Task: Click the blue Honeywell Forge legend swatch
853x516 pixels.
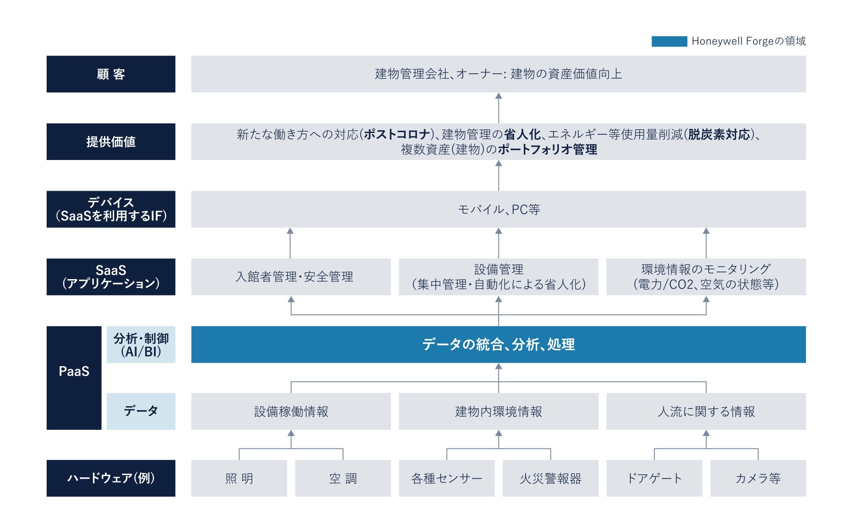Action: pyautogui.click(x=669, y=41)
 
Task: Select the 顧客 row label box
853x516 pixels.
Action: pyautogui.click(x=111, y=74)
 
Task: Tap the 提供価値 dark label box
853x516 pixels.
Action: pyautogui.click(x=111, y=141)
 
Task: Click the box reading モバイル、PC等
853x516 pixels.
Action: pyautogui.click(x=498, y=209)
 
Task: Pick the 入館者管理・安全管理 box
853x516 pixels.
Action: pyautogui.click(x=291, y=276)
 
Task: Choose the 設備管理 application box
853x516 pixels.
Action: pyautogui.click(x=498, y=276)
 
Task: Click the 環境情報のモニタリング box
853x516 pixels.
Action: pyautogui.click(x=706, y=276)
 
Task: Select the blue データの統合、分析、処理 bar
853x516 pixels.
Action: pyautogui.click(x=498, y=344)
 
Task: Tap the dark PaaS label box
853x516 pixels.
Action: pyautogui.click(x=74, y=378)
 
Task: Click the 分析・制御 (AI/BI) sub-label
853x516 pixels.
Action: pyautogui.click(x=141, y=344)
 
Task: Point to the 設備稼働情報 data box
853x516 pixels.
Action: pyautogui.click(x=291, y=411)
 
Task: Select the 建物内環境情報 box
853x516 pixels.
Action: pyautogui.click(x=498, y=411)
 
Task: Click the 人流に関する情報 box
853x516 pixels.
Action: pyautogui.click(x=706, y=411)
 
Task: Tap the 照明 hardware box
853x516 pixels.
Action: pyautogui.click(x=239, y=478)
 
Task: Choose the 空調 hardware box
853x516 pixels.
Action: pyautogui.click(x=343, y=478)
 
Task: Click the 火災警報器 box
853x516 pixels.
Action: pyautogui.click(x=550, y=478)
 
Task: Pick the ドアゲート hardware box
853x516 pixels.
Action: pyautogui.click(x=654, y=478)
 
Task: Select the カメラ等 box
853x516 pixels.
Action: pyautogui.click(x=758, y=478)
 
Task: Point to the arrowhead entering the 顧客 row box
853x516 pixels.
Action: pyautogui.click(x=498, y=96)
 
